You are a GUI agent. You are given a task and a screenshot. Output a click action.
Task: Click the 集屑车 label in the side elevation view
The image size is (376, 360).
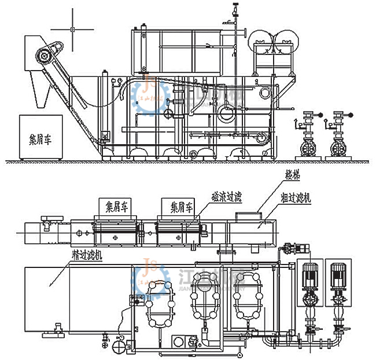40,139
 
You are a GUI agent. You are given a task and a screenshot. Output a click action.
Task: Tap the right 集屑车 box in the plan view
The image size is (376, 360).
178,205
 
